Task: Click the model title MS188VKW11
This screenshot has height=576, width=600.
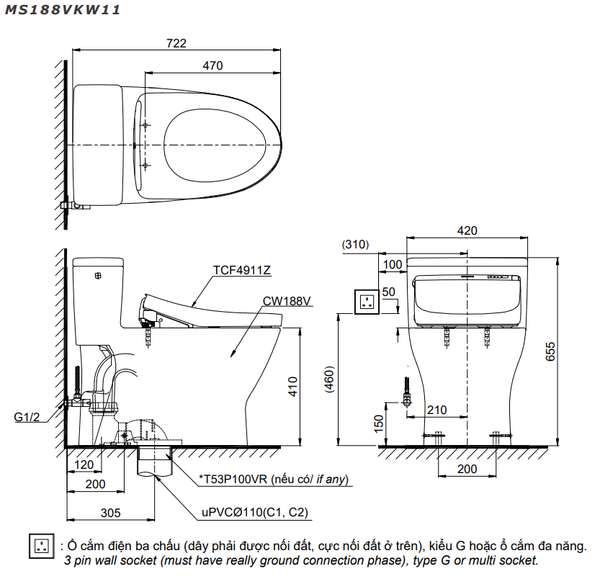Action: click(x=62, y=10)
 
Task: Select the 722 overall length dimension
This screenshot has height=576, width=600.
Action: click(x=176, y=43)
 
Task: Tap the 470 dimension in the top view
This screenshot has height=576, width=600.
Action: click(x=213, y=66)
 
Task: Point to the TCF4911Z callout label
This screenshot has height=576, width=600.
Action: click(x=242, y=270)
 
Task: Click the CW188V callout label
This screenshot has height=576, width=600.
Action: click(x=287, y=301)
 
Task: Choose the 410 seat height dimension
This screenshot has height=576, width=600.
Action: click(x=293, y=387)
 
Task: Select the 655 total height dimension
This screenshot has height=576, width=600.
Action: click(x=550, y=351)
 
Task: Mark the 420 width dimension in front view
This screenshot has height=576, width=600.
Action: click(x=467, y=231)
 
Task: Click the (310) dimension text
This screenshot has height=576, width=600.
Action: click(x=355, y=244)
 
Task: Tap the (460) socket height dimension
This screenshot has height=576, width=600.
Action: click(x=329, y=380)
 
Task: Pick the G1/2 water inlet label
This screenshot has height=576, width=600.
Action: click(x=27, y=417)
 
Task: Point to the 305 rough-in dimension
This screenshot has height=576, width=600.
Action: click(x=111, y=513)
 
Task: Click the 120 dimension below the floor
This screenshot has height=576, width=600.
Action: click(x=84, y=465)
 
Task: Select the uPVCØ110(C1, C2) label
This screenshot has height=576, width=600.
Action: click(x=255, y=512)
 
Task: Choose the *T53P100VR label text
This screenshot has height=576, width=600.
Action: click(x=233, y=479)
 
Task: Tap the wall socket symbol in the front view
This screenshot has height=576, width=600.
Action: click(x=367, y=302)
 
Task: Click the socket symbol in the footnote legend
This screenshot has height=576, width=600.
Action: click(x=41, y=546)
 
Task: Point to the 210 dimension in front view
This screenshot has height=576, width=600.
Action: click(x=437, y=410)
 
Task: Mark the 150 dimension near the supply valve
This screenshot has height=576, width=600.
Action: click(x=378, y=424)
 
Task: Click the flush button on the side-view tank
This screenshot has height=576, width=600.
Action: click(x=99, y=275)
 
